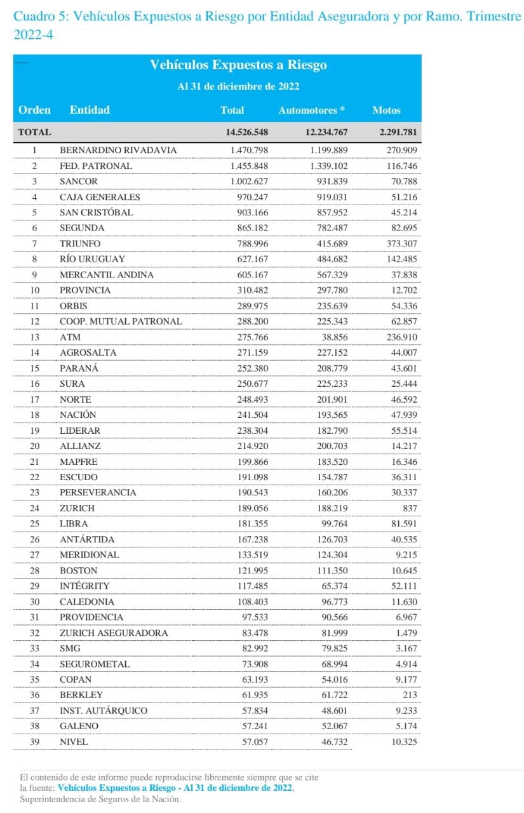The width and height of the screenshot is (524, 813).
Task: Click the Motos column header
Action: tap(386, 110)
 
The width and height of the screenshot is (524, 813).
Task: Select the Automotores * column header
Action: tap(311, 110)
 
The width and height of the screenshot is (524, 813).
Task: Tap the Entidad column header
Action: tap(90, 110)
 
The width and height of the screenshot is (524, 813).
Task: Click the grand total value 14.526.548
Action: tap(246, 133)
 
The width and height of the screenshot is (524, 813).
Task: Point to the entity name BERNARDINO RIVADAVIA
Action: tap(118, 151)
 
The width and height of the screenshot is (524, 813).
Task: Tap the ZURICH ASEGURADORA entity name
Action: tap(114, 633)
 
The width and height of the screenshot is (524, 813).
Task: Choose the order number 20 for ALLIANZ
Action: tap(35, 446)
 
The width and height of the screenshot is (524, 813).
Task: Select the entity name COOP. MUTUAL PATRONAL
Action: tap(121, 321)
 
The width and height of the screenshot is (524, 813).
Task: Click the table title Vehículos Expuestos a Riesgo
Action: tap(238, 65)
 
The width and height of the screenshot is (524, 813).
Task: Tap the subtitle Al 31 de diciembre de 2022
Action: tap(238, 86)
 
